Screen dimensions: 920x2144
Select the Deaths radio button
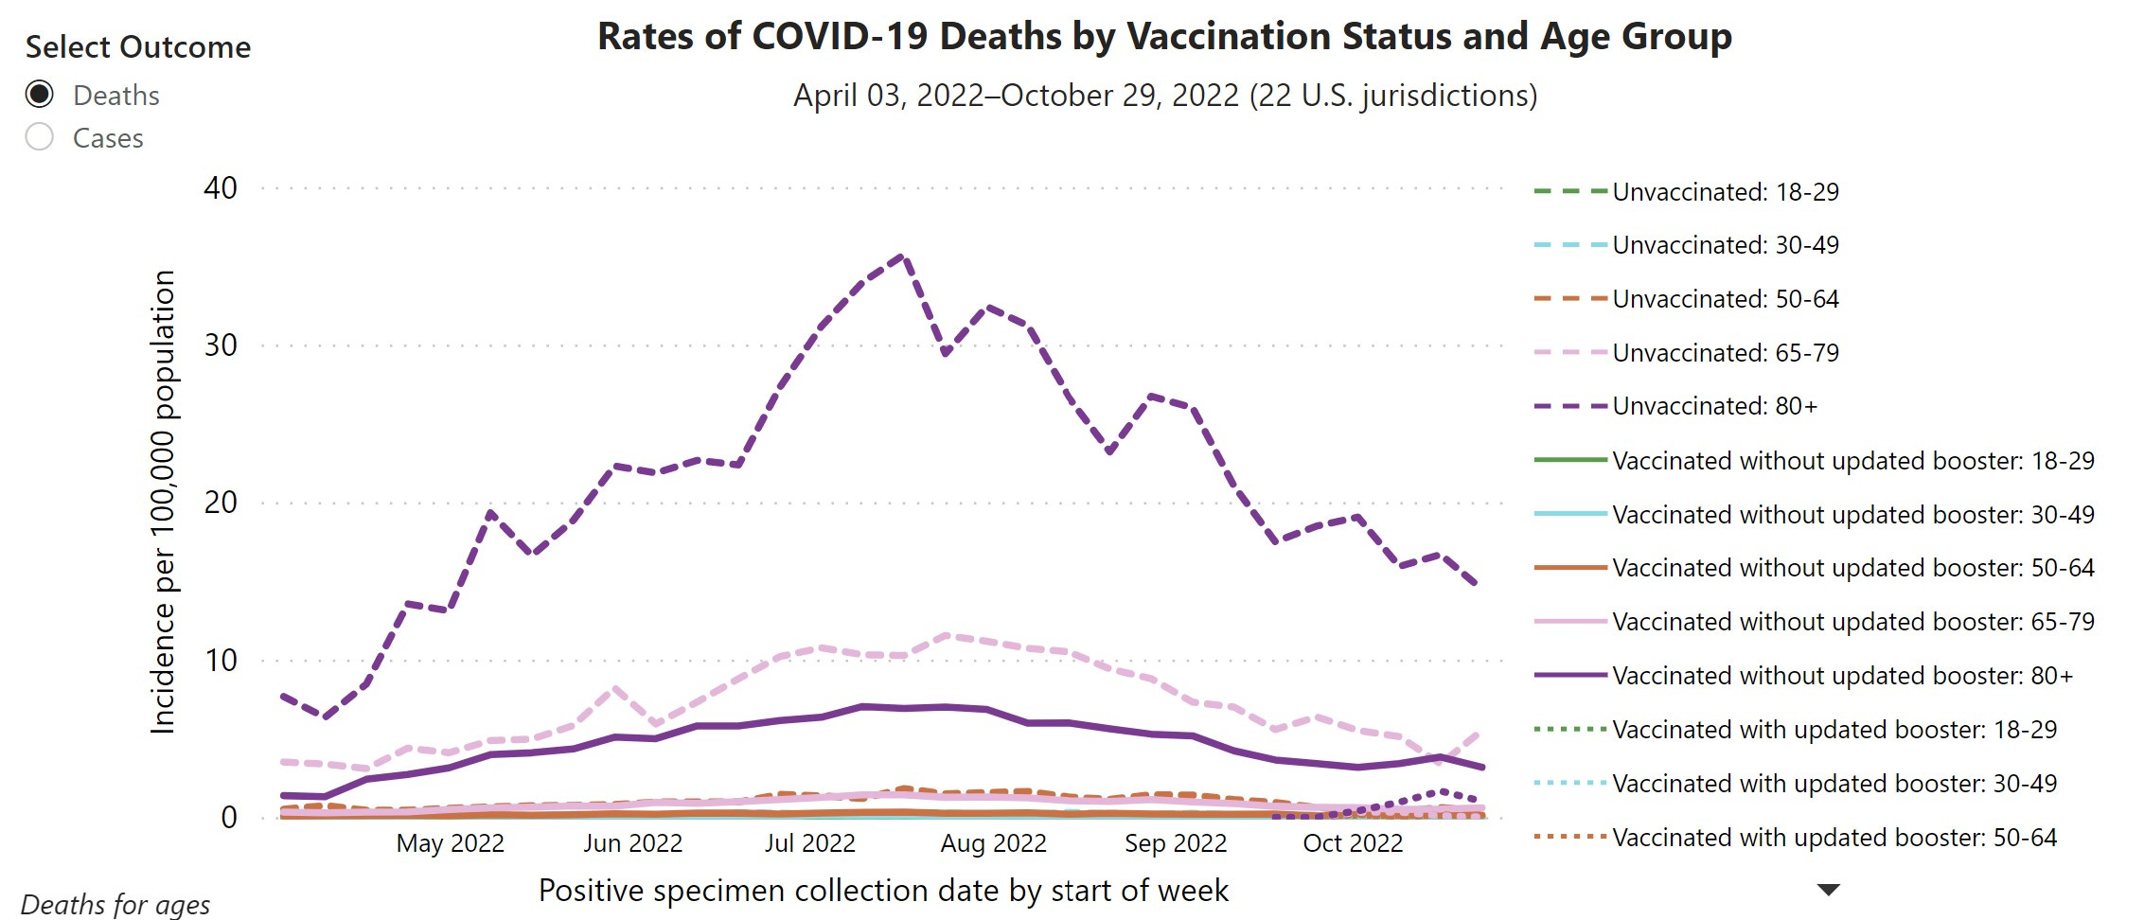pyautogui.click(x=40, y=95)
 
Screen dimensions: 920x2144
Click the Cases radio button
pyautogui.click(x=40, y=137)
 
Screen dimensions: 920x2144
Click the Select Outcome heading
pyautogui.click(x=138, y=47)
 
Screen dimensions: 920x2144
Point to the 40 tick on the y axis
pyautogui.click(x=221, y=187)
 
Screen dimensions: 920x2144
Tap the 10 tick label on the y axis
pyautogui.click(x=221, y=660)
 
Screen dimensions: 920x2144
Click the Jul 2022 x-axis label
pyautogui.click(x=809, y=843)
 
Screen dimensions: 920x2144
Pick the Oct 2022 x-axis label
pyautogui.click(x=1353, y=843)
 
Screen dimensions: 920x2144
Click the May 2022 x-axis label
pyautogui.click(x=450, y=843)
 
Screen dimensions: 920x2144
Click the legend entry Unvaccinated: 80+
pyautogui.click(x=1714, y=406)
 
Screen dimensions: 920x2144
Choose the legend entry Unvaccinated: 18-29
pyautogui.click(x=1725, y=192)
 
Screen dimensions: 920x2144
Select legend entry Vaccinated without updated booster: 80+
pyautogui.click(x=1842, y=676)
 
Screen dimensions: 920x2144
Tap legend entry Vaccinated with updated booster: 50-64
pyautogui.click(x=1834, y=838)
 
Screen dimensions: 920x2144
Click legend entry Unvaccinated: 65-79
pyautogui.click(x=1725, y=353)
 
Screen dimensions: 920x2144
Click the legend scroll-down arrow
pyautogui.click(x=1829, y=890)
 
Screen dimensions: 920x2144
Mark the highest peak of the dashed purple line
pyautogui.click(x=901, y=256)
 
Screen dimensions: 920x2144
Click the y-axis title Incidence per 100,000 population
pyautogui.click(x=164, y=502)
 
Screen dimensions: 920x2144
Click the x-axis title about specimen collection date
pyautogui.click(x=883, y=891)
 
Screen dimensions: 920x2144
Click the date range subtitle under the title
pyautogui.click(x=1164, y=96)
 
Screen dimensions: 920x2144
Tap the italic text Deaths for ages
pyautogui.click(x=115, y=905)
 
